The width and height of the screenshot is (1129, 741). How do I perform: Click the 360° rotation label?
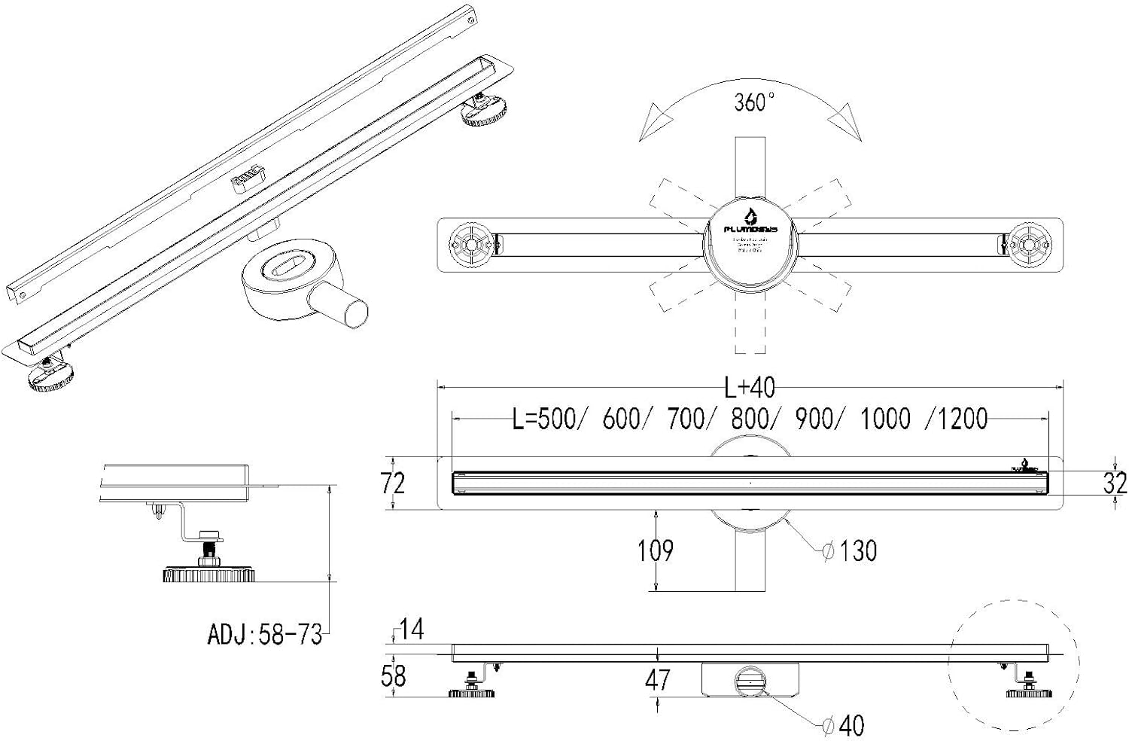point(754,102)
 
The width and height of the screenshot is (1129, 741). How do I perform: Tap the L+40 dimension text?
point(750,388)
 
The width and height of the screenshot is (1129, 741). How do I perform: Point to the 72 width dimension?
point(393,483)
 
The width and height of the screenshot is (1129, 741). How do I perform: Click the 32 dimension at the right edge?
point(1115,483)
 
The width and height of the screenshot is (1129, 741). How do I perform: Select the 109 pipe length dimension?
point(655,551)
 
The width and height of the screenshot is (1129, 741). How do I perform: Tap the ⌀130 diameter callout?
point(850,551)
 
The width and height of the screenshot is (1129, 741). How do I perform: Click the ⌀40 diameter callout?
point(843,725)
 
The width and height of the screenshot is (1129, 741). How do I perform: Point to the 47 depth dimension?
point(657,680)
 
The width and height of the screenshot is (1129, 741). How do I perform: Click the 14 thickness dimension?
point(411,630)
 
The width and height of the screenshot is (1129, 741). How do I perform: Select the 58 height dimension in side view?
point(393,675)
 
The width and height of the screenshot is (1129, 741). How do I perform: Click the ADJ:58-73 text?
point(264,635)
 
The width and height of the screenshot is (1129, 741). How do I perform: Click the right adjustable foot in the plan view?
point(1029,245)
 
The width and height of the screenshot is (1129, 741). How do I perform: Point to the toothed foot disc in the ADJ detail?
point(209,575)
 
